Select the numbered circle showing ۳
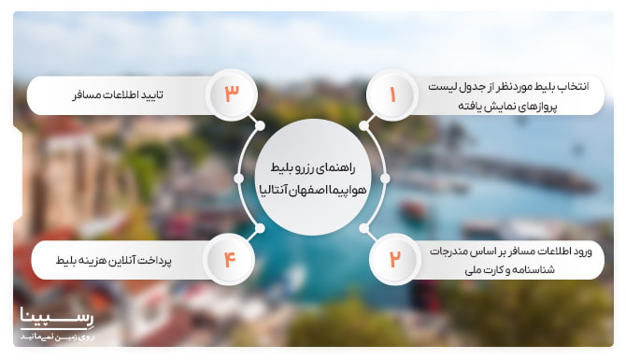[232, 94]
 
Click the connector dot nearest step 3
[261, 125]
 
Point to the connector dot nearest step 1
[365, 125]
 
